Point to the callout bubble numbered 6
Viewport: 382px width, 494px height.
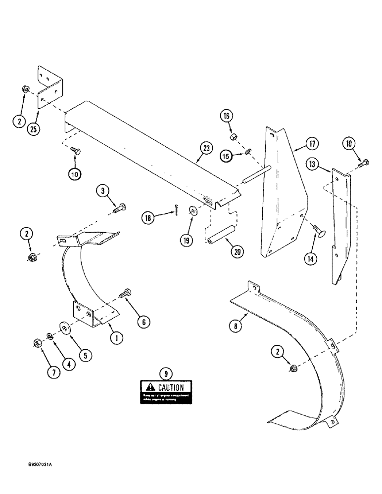click(x=143, y=322)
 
